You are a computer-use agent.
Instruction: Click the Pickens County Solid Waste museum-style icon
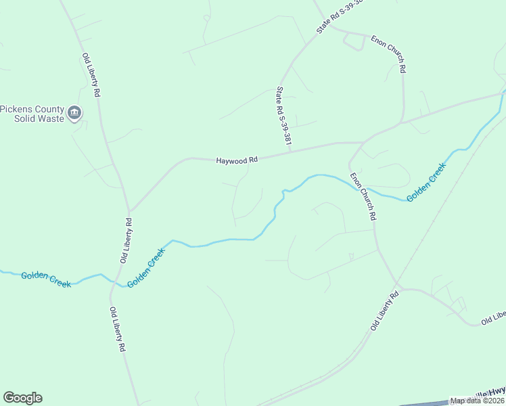(74, 113)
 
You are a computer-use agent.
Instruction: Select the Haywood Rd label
(237, 160)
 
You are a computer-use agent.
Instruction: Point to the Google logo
(22, 398)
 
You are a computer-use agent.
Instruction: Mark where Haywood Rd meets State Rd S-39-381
(290, 152)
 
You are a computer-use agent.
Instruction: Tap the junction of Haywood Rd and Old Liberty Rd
(130, 210)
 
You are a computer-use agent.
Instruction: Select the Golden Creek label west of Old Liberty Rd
(46, 279)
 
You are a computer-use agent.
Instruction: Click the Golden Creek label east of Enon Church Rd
(426, 182)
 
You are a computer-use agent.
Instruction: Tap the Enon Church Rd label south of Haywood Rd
(363, 197)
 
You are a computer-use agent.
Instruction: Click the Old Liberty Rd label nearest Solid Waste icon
(91, 74)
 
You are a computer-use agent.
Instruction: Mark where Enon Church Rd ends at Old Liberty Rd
(398, 287)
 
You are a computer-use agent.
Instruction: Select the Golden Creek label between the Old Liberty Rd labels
(147, 266)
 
